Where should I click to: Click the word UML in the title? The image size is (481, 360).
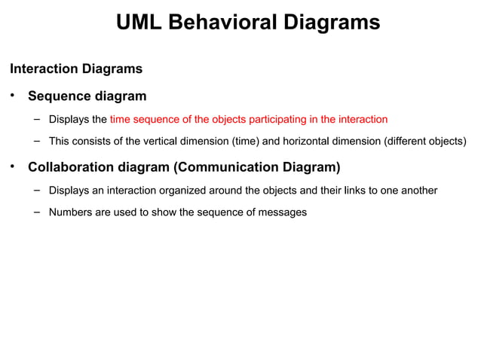tap(140, 23)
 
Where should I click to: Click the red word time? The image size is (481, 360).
tap(121, 119)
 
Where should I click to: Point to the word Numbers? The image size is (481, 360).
tap(70, 212)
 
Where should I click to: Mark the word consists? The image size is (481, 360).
tap(94, 141)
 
